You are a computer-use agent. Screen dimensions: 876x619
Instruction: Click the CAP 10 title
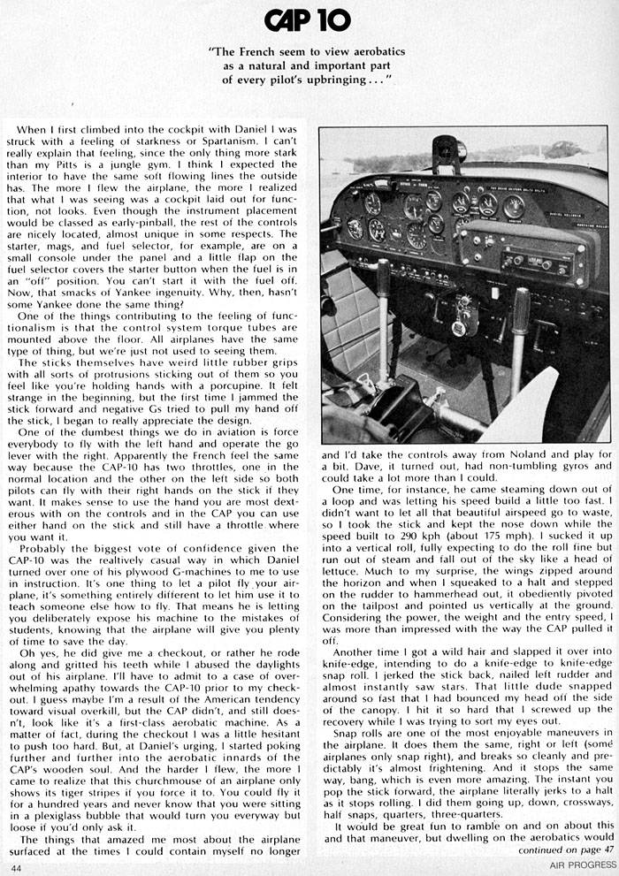coord(309,20)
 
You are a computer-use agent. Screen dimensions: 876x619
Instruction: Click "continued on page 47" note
coord(560,851)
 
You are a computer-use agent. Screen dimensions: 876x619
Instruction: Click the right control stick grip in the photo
coord(521,308)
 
